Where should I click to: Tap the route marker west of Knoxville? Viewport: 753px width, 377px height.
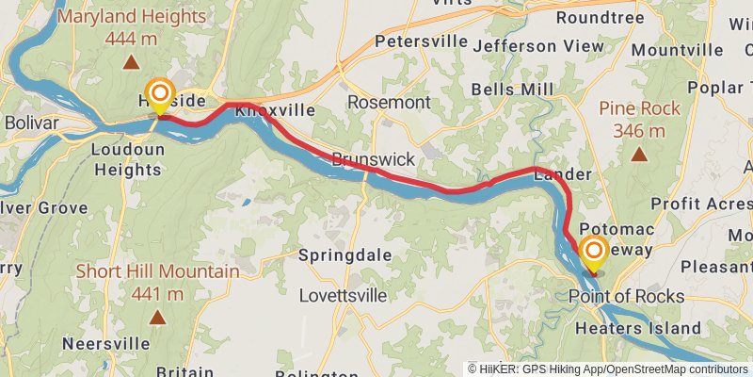pos(160,93)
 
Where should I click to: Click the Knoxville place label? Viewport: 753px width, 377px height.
pos(275,110)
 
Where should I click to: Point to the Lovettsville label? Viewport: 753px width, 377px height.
pos(343,295)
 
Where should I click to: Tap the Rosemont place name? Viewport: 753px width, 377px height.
pos(389,102)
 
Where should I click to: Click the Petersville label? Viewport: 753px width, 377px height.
pos(421,41)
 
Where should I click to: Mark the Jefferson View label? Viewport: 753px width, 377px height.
pos(538,45)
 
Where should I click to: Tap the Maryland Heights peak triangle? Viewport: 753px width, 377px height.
pos(130,63)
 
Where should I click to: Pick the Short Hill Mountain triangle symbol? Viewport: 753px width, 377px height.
pos(157,318)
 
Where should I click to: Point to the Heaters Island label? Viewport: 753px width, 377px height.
pos(637,328)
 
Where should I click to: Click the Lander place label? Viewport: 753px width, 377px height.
pos(562,174)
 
